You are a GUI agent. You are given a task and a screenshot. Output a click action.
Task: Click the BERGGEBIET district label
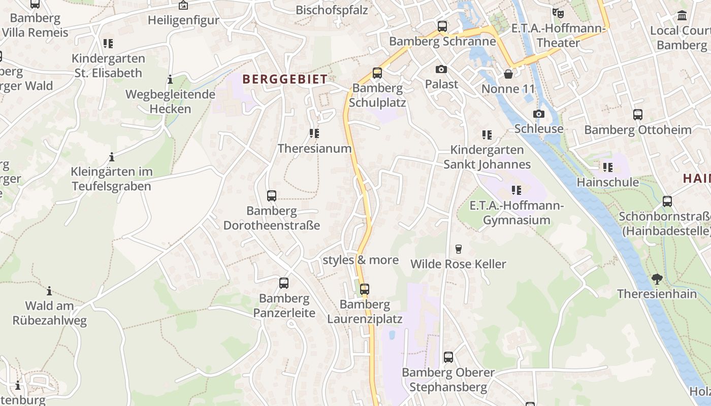coord(284,79)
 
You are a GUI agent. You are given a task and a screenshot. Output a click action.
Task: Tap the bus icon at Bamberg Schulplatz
coord(377,73)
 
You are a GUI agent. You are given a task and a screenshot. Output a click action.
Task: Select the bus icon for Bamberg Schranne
coord(442,26)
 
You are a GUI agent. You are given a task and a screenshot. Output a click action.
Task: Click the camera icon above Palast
coord(441,69)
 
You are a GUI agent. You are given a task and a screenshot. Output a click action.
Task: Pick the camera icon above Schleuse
coord(538,114)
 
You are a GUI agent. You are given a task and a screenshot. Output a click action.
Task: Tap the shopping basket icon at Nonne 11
coord(508,75)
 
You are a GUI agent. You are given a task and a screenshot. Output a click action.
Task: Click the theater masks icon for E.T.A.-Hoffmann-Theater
coord(558,13)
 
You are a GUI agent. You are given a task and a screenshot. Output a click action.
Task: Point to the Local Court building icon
coord(682,16)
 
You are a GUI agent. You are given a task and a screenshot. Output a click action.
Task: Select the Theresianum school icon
coord(314,133)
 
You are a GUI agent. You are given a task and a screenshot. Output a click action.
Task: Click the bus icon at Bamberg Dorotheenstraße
coord(272,196)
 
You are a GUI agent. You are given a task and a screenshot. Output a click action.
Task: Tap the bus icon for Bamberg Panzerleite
coord(284,283)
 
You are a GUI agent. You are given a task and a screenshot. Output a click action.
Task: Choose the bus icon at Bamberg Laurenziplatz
coord(365,289)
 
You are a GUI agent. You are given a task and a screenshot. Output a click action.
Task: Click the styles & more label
coord(361,260)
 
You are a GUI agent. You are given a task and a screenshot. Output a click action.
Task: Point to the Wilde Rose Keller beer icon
coord(458,249)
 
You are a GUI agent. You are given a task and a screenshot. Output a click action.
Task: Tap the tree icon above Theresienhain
coord(657,279)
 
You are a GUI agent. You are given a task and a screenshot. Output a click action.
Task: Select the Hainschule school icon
coord(607,167)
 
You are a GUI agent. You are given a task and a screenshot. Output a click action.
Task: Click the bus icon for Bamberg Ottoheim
coord(637,115)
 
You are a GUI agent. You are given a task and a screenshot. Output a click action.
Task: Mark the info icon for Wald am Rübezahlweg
coord(49,291)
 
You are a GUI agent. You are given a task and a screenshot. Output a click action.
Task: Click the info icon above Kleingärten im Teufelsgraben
coord(112,157)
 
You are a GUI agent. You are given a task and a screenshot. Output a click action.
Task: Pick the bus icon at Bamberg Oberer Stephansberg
coord(448,357)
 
